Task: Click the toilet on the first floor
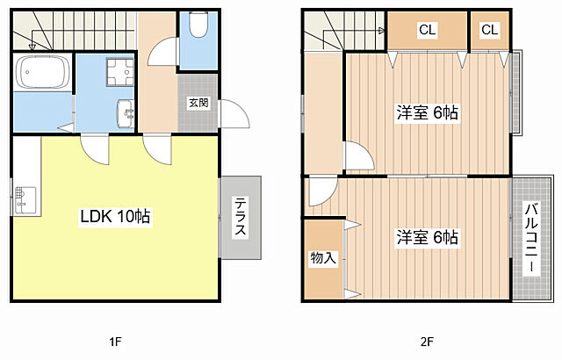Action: (198, 25)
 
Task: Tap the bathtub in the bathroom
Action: (43, 71)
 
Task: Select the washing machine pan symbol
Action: (119, 72)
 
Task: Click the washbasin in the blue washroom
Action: (126, 113)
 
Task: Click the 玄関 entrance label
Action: (198, 103)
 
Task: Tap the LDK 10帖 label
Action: (115, 216)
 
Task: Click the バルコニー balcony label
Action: (531, 239)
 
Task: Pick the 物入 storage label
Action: (323, 257)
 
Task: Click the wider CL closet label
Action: (428, 29)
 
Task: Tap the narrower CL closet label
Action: (490, 29)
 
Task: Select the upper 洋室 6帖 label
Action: (427, 113)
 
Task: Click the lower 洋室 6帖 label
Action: (427, 237)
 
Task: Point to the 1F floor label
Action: (115, 342)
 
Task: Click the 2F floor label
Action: (427, 342)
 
